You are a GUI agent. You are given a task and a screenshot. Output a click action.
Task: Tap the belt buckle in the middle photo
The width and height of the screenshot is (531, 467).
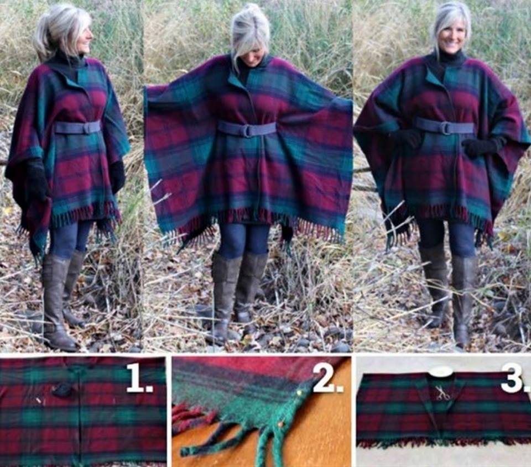pos(247,130)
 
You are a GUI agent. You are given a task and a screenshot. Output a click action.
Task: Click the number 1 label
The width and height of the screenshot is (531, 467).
pos(139,379)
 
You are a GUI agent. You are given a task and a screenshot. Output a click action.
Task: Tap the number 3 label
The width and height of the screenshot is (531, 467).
pos(512,378)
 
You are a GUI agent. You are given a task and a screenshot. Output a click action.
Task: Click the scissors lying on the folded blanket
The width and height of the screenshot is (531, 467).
pos(442,393)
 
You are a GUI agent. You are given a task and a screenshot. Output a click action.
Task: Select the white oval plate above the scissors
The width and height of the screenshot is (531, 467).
pos(441,372)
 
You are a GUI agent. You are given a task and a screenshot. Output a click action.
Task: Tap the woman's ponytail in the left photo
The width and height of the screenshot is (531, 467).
pos(43,41)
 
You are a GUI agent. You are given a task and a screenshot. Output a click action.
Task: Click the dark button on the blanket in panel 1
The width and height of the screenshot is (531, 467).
pos(63,390)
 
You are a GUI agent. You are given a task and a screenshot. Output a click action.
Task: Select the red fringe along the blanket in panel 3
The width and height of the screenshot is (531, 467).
pos(442,443)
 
